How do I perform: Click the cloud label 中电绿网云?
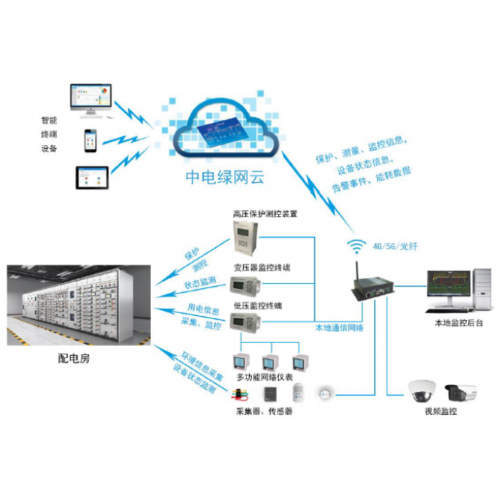225,177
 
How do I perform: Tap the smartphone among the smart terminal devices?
91,141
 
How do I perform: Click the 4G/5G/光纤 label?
396,247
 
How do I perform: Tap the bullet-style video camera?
462,391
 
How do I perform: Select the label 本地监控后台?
458,323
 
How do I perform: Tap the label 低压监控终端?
258,306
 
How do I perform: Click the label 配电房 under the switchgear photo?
74,359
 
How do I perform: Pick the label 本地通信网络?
339,328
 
